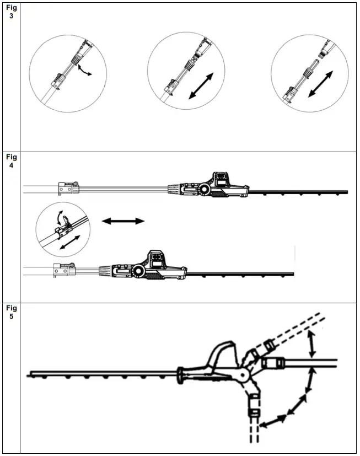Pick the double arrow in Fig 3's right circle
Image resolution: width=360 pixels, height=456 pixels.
[320, 83]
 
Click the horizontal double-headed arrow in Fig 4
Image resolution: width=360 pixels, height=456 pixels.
[123, 221]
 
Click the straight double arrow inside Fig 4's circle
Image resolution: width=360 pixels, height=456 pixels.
[68, 243]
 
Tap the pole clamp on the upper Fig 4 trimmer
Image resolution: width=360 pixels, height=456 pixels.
[67, 189]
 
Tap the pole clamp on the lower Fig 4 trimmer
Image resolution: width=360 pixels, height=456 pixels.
[63, 270]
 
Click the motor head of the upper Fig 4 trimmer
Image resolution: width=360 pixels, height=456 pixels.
[212, 186]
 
